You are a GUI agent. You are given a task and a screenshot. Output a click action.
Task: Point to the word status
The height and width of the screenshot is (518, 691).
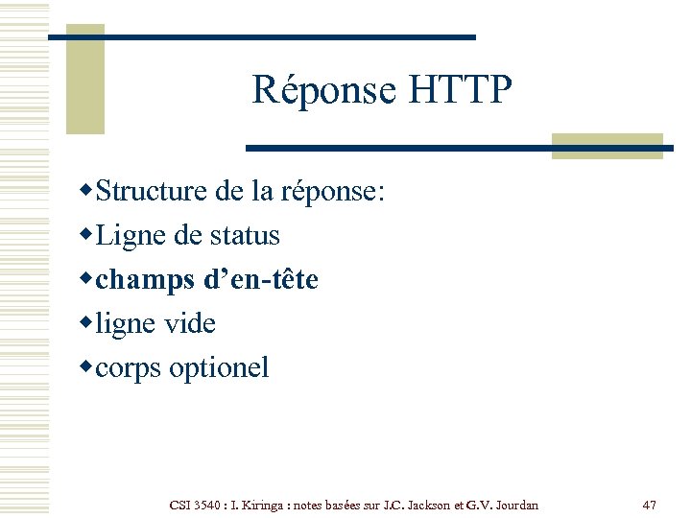(246, 235)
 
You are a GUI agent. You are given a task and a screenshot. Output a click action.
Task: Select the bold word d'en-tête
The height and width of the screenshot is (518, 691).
(261, 279)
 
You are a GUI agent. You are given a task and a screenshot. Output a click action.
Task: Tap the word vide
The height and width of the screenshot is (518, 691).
(189, 323)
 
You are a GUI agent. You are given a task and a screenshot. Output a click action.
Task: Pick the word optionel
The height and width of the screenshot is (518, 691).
(220, 367)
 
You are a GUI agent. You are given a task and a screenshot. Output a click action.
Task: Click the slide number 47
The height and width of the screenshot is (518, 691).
(649, 505)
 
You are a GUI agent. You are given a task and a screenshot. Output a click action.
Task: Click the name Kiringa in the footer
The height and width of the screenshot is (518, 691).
(258, 505)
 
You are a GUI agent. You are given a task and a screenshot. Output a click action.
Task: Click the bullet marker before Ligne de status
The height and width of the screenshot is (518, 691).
(87, 234)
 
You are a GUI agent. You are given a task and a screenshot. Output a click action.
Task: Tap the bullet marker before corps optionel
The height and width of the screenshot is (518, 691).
(87, 366)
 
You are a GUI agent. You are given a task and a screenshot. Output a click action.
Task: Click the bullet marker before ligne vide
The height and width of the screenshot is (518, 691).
(87, 322)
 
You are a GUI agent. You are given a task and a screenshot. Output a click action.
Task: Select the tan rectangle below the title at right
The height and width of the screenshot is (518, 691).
(608, 145)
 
